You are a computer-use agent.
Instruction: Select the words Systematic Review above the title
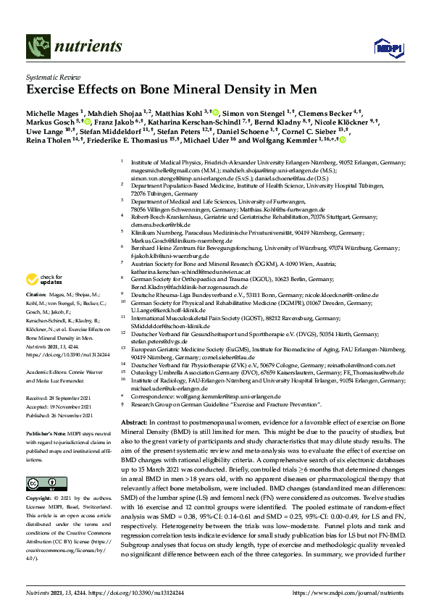[x=51, y=75]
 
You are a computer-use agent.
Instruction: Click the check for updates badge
[x=43, y=279]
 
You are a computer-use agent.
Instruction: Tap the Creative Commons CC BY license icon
[x=37, y=482]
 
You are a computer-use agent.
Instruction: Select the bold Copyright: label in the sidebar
[x=39, y=500]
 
